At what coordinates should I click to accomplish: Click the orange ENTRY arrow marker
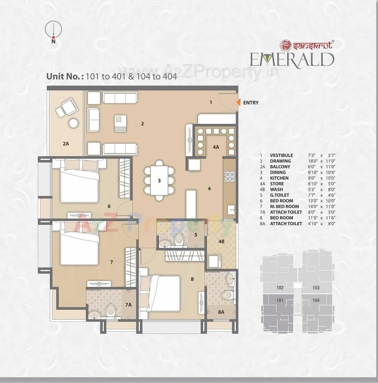[x=238, y=102]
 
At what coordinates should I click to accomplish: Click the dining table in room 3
[x=159, y=180]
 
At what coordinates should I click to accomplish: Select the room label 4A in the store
[x=216, y=147]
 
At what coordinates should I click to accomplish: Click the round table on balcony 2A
[x=73, y=123]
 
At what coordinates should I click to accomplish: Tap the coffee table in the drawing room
[x=120, y=123]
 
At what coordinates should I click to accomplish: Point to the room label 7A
[x=128, y=305]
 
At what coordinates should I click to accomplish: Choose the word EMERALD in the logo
[x=292, y=60]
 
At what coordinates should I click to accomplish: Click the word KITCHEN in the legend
[x=279, y=178]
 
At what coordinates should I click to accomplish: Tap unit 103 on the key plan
[x=316, y=287]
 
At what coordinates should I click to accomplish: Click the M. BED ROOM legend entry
[x=284, y=207]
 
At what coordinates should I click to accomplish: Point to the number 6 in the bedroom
[x=109, y=206]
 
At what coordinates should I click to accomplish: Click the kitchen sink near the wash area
[x=231, y=210]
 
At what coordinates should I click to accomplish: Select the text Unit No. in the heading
[x=65, y=77]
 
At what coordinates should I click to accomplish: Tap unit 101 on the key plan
[x=280, y=300]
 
